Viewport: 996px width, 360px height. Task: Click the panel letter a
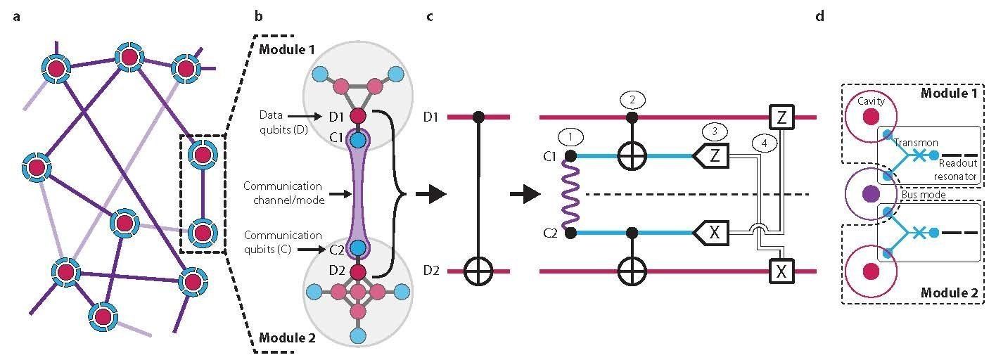click(x=17, y=16)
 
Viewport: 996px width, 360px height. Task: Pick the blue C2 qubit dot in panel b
click(x=358, y=247)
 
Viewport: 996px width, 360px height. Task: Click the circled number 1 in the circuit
click(x=568, y=134)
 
